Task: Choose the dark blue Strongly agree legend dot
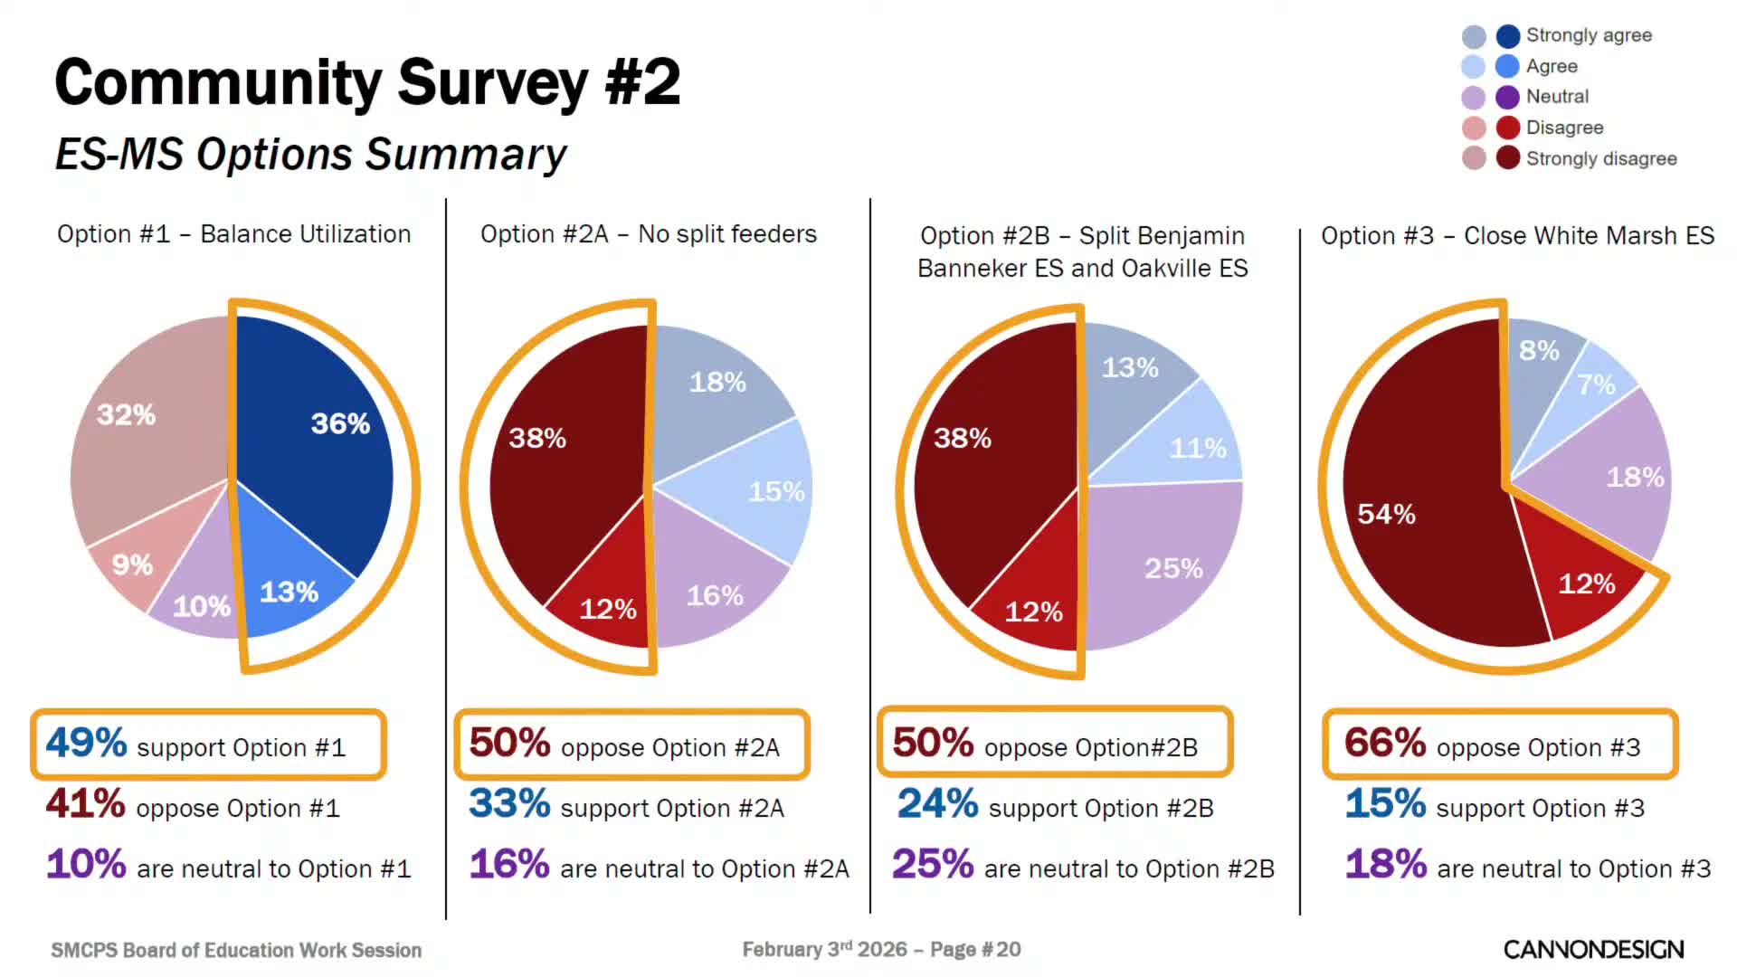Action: [x=1507, y=36]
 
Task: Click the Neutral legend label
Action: [x=1557, y=97]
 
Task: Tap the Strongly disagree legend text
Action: [x=1601, y=158]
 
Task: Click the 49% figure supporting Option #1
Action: [x=86, y=744]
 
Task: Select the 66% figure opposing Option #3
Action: [x=1384, y=744]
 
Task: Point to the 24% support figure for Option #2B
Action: [x=937, y=804]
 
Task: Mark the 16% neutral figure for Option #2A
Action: [x=509, y=865]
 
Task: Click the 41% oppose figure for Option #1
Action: [x=86, y=804]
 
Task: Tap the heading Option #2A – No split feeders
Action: [x=648, y=234]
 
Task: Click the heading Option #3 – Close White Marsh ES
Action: [x=1517, y=236]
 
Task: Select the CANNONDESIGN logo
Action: [x=1593, y=949]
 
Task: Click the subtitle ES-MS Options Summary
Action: [x=310, y=154]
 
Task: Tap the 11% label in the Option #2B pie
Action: [x=1197, y=448]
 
